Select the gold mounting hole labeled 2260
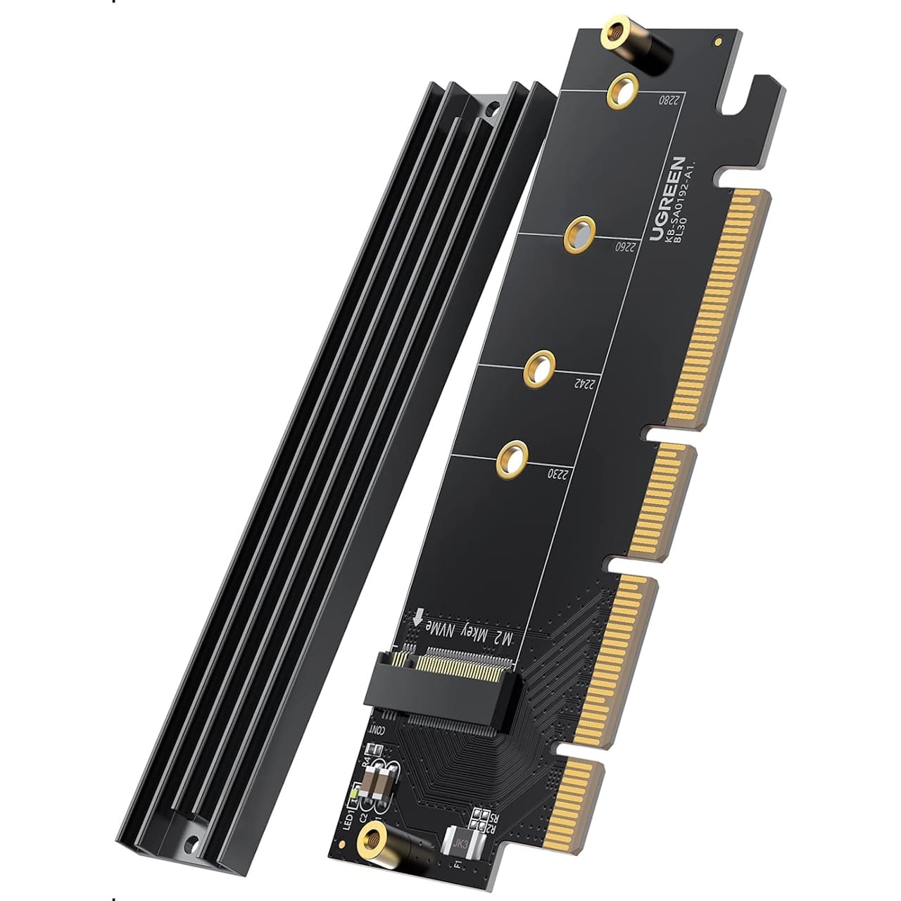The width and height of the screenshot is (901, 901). (581, 233)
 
